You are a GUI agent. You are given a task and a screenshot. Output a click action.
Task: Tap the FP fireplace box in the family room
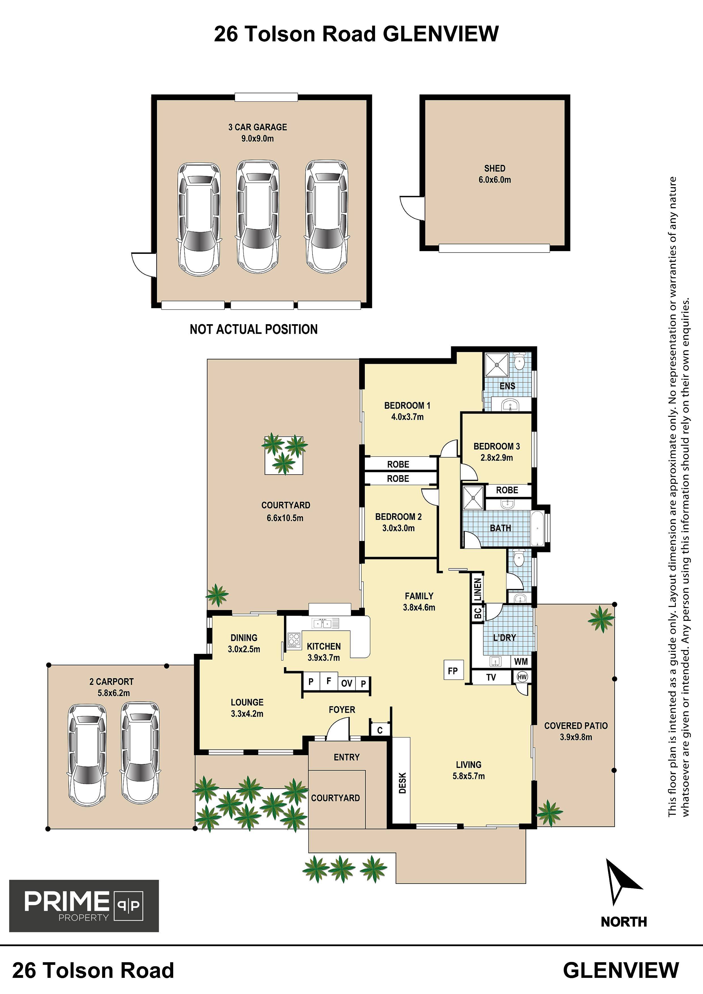point(453,671)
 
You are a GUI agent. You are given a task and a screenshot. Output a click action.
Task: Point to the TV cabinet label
point(491,677)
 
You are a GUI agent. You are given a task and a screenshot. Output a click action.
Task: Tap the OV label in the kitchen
point(346,683)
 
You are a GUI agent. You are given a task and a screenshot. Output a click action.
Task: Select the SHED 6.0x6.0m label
point(495,174)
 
